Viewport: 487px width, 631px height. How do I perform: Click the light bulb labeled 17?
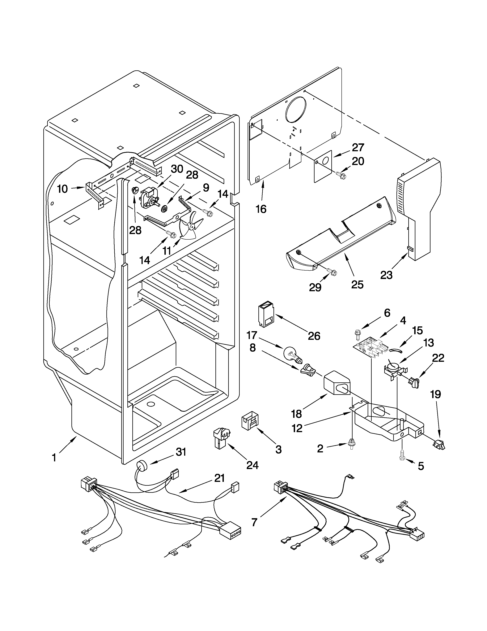(x=292, y=354)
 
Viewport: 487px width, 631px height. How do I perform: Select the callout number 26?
(x=314, y=336)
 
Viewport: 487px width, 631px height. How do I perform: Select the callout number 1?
(x=54, y=458)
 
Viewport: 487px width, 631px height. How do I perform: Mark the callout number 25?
(x=357, y=285)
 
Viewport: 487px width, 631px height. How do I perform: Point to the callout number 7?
(x=254, y=522)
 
